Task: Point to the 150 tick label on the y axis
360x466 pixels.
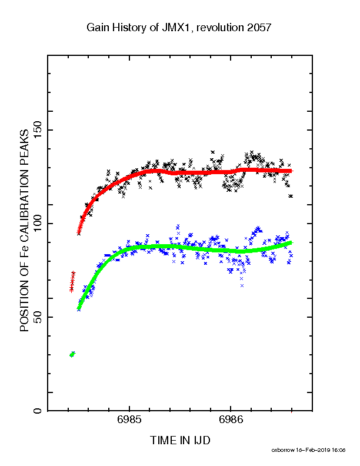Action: tap(38, 130)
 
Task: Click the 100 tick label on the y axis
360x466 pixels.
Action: tap(38, 224)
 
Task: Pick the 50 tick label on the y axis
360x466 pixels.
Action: tap(38, 317)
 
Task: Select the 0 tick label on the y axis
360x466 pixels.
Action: tap(38, 411)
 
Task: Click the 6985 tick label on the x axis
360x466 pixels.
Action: tap(129, 420)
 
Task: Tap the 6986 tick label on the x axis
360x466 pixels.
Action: tap(231, 420)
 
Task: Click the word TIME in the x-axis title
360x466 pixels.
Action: tap(164, 440)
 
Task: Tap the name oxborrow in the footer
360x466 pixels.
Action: tap(282, 450)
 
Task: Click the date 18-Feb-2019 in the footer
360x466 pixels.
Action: tap(312, 450)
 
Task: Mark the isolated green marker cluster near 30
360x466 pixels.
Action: tap(72, 354)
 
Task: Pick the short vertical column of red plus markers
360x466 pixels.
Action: tap(72, 281)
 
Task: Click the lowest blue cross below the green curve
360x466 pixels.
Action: tap(242, 285)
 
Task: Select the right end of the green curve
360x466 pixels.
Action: tap(292, 242)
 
